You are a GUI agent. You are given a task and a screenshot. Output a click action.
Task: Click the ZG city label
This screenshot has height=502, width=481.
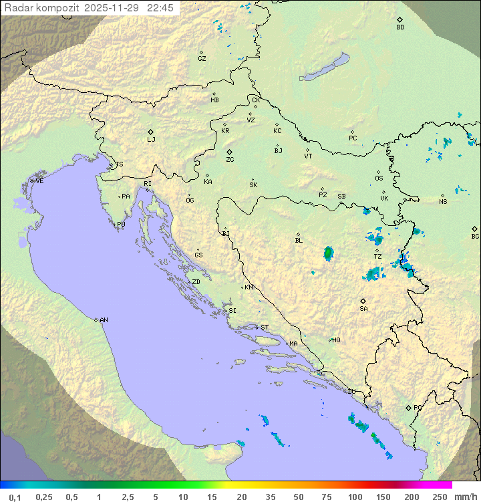coord(230,160)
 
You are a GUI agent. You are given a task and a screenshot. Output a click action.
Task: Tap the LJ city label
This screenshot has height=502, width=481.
coord(151,139)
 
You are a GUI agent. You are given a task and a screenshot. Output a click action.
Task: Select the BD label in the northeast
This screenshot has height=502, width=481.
coord(400,27)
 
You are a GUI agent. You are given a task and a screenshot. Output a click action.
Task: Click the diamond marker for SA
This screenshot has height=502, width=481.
coord(363,301)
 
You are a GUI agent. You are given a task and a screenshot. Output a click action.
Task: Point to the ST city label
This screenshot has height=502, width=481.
coord(265,328)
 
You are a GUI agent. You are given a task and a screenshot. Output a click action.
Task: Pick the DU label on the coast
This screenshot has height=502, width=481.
coord(351,392)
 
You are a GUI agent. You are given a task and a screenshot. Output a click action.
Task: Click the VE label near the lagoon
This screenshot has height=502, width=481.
coord(39,181)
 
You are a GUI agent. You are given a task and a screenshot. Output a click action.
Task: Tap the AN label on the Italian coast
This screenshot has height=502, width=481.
coord(104,320)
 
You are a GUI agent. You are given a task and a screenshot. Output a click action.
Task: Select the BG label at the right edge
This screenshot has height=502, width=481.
coord(475,236)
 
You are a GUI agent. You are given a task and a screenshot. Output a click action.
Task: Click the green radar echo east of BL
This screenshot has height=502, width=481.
coord(328,253)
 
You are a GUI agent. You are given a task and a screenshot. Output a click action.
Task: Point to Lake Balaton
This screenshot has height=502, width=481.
coord(324,68)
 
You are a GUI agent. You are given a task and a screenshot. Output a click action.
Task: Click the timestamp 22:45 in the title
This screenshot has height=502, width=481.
coord(161,8)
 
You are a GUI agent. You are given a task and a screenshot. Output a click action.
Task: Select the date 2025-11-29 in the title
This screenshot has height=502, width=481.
coord(114,8)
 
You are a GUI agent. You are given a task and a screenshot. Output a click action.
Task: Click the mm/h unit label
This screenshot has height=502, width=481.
coord(465,497)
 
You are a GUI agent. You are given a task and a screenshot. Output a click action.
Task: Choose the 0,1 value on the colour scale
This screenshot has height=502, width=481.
coord(15,497)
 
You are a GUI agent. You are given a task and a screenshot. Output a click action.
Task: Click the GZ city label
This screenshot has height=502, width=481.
coord(202,58)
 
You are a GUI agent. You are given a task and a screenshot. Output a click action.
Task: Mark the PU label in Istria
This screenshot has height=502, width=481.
coord(121,225)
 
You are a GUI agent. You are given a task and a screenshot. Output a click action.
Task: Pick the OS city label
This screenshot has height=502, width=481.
coord(379,178)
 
